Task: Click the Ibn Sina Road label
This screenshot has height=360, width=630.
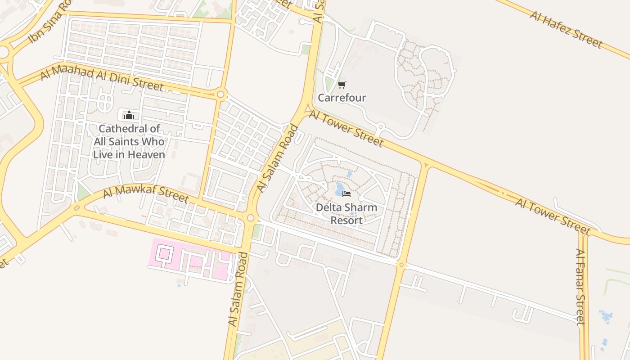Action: point(50,22)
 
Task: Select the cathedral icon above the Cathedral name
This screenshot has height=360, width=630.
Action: point(129,115)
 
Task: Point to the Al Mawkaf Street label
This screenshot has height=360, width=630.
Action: point(145,193)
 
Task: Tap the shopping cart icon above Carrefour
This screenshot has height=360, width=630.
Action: point(342,85)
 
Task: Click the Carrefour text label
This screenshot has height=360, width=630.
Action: point(342,98)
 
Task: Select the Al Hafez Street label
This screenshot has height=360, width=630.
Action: point(566,29)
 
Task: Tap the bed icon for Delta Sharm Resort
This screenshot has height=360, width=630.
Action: point(346,194)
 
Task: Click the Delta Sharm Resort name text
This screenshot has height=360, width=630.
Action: point(346,214)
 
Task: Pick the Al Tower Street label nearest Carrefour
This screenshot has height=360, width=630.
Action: point(346,129)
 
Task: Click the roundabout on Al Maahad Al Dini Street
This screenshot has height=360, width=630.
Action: point(220,94)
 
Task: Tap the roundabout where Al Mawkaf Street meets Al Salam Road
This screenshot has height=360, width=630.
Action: point(251,218)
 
